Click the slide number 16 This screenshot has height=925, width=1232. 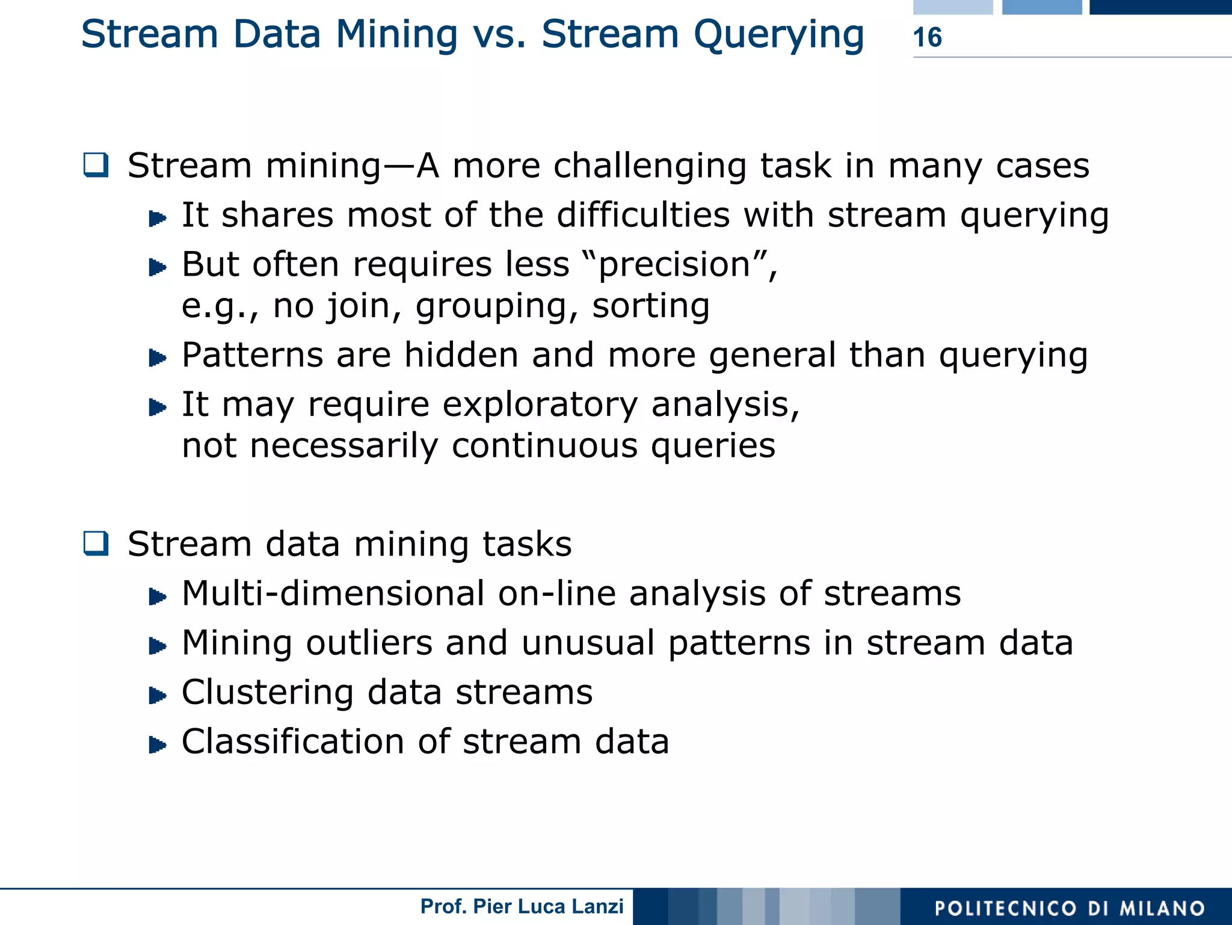[x=927, y=37]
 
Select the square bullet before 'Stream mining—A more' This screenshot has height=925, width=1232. [x=96, y=165]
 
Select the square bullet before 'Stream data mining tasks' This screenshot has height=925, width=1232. [x=96, y=543]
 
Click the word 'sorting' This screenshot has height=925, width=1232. [x=651, y=306]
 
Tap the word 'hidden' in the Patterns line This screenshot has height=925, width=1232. [x=461, y=354]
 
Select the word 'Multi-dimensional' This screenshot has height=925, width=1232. [x=333, y=593]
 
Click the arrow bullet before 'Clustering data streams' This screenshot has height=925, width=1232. [x=158, y=696]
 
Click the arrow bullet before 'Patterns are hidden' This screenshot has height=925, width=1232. [x=158, y=358]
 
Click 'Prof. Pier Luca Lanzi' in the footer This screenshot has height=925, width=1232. [x=522, y=906]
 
